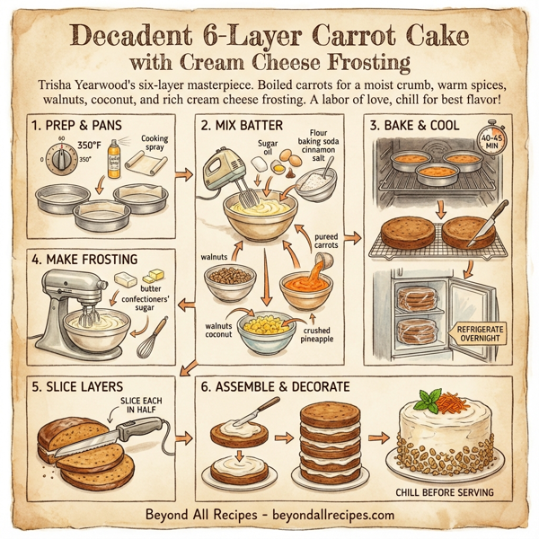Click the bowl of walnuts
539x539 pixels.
click(230, 281)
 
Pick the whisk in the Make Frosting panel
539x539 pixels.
click(153, 338)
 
